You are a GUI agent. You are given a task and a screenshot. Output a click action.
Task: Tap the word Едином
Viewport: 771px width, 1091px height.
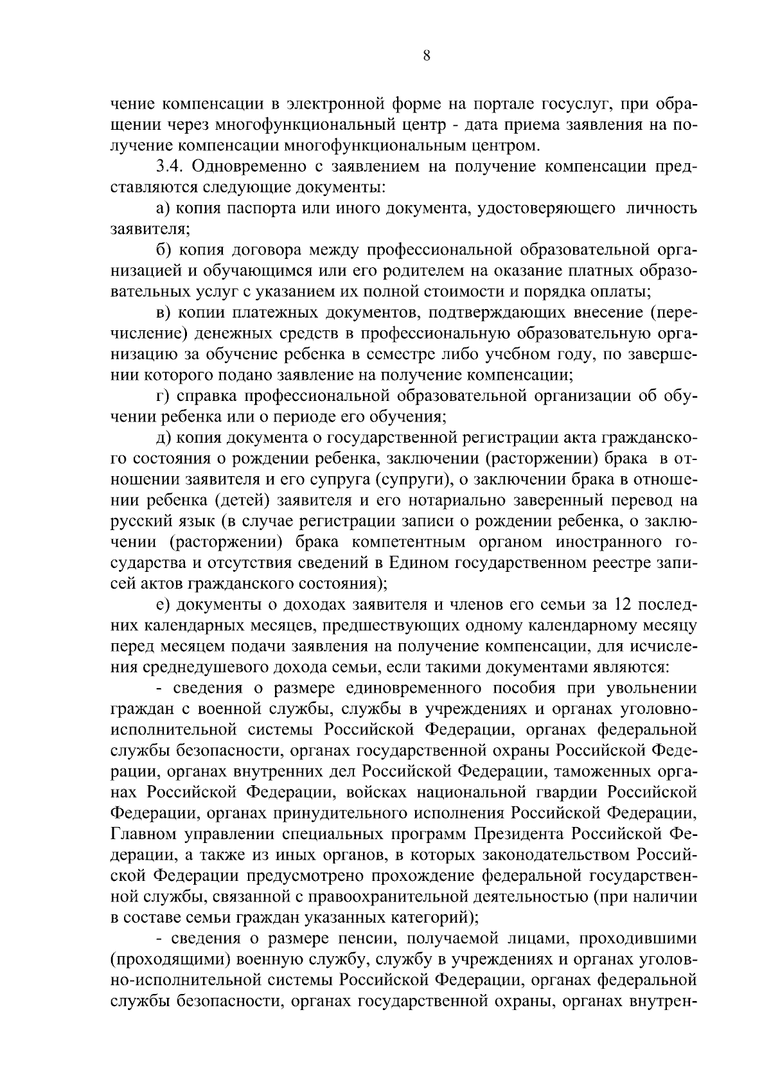coord(418,563)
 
